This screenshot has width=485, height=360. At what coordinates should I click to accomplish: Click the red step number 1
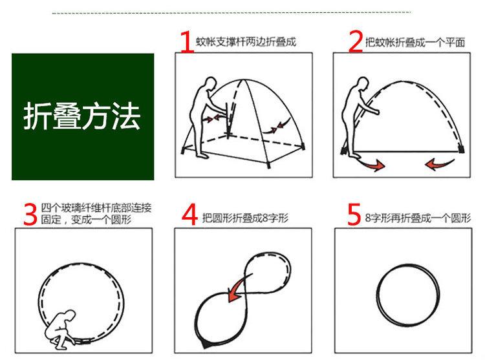[x=186, y=41]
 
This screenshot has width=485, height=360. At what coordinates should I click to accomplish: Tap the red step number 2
[x=356, y=41]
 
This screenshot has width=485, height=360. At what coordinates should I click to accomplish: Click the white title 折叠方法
[x=82, y=116]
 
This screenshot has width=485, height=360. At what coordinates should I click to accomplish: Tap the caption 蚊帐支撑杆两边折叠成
[x=246, y=42]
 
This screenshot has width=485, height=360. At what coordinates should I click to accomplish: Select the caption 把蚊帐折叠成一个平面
[x=415, y=42]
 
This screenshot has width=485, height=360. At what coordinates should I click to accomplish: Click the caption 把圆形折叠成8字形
[x=245, y=218]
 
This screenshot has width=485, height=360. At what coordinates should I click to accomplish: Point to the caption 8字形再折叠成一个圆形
[x=418, y=218]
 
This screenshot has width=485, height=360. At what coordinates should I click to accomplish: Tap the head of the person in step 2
[x=363, y=84]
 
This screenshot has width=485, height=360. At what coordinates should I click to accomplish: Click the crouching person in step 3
[x=60, y=329]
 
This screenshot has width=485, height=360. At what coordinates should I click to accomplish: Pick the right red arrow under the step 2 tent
[x=439, y=164]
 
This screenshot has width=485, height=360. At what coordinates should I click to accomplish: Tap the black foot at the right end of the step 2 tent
[x=461, y=149]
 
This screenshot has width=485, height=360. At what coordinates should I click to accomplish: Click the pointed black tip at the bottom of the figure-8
[x=205, y=344]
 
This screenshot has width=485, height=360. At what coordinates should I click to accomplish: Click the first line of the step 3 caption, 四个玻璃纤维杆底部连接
[x=96, y=207]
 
